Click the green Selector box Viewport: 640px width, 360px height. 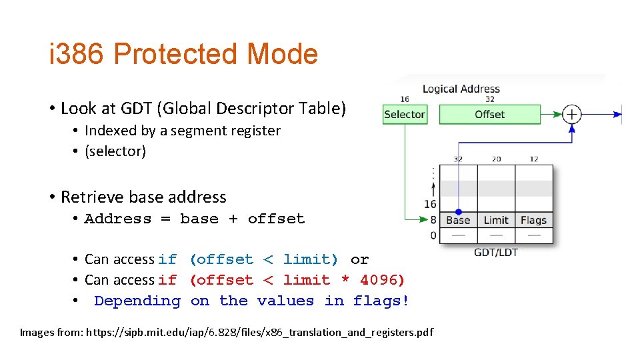pyautogui.click(x=404, y=115)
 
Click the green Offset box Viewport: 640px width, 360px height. pyautogui.click(x=489, y=115)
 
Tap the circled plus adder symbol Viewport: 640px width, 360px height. pyautogui.click(x=572, y=115)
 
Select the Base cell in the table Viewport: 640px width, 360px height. pyautogui.click(x=458, y=220)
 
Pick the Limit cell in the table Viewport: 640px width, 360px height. pyautogui.click(x=496, y=220)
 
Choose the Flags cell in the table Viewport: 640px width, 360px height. pyautogui.click(x=533, y=220)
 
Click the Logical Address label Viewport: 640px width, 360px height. pyautogui.click(x=461, y=89)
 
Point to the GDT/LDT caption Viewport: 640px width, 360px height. pyautogui.click(x=495, y=252)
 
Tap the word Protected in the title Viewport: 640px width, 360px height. pyautogui.click(x=175, y=54)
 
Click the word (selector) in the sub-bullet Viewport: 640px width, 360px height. pyautogui.click(x=115, y=151)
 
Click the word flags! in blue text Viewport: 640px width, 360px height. pyautogui.click(x=381, y=301)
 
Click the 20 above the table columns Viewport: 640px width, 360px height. pyautogui.click(x=496, y=159)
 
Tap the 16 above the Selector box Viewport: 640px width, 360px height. pyautogui.click(x=405, y=99)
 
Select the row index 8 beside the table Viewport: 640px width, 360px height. pyautogui.click(x=433, y=220)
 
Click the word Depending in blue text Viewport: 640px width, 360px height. pyautogui.click(x=137, y=301)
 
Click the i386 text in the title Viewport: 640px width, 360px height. pyautogui.click(x=77, y=54)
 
